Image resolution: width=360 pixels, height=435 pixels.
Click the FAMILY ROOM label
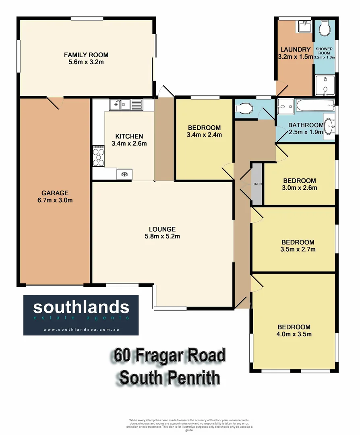[86, 55]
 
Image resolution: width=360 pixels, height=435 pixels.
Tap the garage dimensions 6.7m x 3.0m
[55, 200]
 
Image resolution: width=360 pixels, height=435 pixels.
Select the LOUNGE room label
[162, 229]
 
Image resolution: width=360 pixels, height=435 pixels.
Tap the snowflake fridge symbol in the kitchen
[124, 174]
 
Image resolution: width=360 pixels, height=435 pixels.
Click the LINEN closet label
[257, 184]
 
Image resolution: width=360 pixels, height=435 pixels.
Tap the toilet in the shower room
[325, 28]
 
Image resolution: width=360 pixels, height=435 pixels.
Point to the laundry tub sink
[304, 27]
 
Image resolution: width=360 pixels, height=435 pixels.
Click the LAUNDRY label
[295, 50]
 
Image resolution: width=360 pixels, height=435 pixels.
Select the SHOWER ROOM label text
[325, 51]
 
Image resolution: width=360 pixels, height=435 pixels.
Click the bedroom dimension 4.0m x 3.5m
[294, 334]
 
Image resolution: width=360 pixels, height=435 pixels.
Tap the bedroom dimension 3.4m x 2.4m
[205, 135]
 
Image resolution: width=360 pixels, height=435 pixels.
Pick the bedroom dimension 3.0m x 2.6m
[299, 188]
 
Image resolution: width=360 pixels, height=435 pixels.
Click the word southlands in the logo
[81, 308]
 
